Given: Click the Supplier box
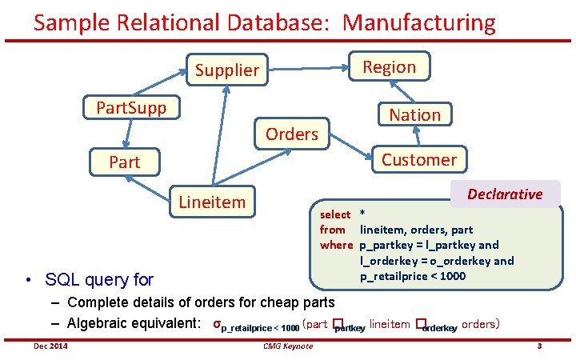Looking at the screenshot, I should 227,70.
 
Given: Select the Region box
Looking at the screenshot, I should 389,67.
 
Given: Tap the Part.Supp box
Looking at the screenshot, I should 131,108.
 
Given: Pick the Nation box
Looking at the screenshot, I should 414,114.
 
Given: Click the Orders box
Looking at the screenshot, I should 291,134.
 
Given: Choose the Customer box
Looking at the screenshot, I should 418,159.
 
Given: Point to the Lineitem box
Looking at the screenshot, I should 212,202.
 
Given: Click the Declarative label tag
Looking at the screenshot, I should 505,194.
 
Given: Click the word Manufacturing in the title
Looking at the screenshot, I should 419,22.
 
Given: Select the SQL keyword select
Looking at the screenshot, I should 335,214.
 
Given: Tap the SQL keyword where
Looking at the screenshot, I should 336,245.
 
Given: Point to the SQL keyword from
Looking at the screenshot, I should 333,230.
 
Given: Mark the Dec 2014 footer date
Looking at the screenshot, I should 50,346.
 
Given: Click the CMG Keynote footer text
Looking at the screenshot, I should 287,346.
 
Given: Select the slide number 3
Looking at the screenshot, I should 540,346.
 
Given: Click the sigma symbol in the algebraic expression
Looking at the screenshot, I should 217,325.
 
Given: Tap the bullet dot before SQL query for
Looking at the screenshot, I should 29,280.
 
